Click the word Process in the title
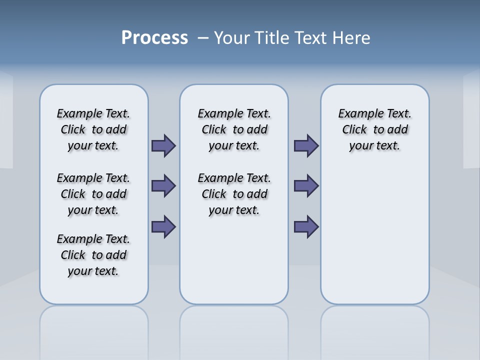point(154,37)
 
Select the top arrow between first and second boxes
point(163,145)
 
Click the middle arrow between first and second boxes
point(163,186)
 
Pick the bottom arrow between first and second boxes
point(163,226)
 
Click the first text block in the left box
point(93,129)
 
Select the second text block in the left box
point(93,194)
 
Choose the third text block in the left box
point(93,255)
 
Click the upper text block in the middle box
point(234,129)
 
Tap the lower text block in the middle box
point(234,194)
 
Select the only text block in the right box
point(374,129)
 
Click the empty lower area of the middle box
point(234,260)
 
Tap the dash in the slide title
point(203,37)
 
